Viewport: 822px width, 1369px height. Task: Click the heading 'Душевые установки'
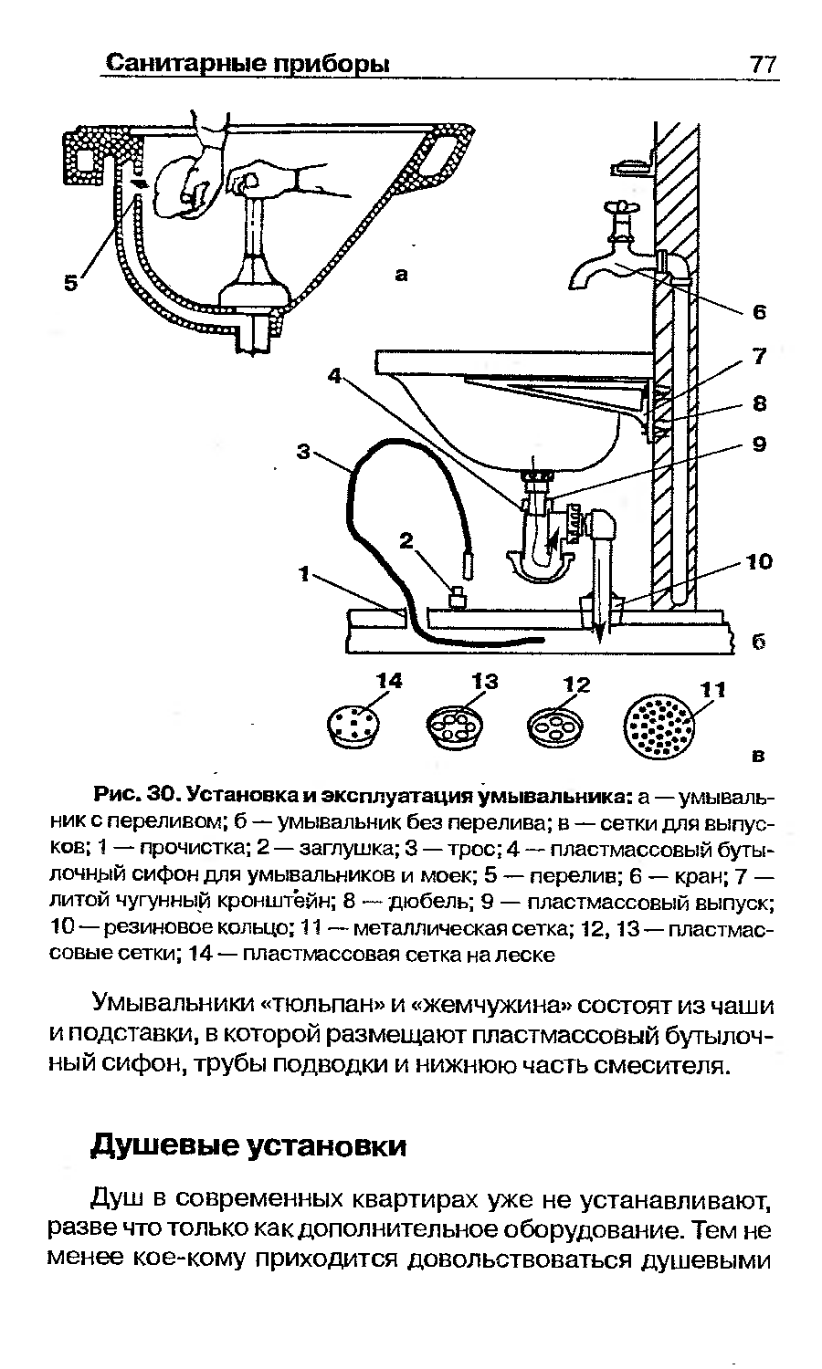[x=248, y=1145]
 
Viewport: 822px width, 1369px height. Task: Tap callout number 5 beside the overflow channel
[x=70, y=284]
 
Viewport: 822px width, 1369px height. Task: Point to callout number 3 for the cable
[x=305, y=450]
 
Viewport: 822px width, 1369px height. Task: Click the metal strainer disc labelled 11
[x=659, y=726]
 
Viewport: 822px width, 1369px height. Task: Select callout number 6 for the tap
[x=757, y=313]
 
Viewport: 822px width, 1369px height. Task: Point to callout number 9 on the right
[x=758, y=445]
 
